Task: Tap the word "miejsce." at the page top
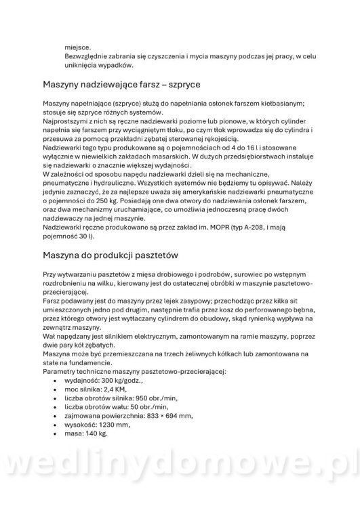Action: [x=77, y=48]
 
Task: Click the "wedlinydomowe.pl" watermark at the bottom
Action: [x=180, y=473]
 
